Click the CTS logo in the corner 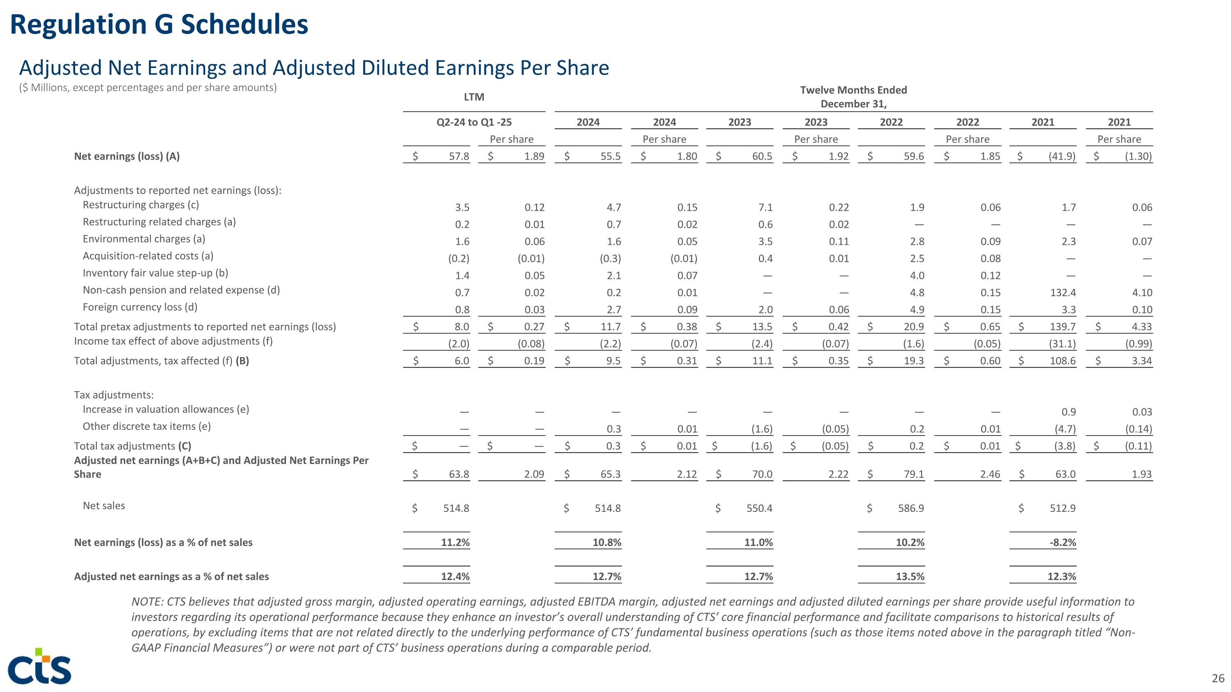(40, 666)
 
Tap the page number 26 (1218, 678)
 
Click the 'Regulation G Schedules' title (159, 25)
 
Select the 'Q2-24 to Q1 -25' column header (474, 122)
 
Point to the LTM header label (474, 97)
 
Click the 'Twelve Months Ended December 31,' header (853, 97)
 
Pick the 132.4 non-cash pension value (1062, 293)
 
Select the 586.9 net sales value (911, 508)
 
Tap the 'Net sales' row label (104, 506)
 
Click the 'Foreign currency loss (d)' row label (140, 307)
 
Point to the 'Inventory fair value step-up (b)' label (155, 273)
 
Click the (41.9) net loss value (1062, 156)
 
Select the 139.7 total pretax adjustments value (1062, 327)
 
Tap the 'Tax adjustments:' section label (114, 395)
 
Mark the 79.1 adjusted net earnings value (914, 474)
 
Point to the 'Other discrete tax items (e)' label (147, 427)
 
